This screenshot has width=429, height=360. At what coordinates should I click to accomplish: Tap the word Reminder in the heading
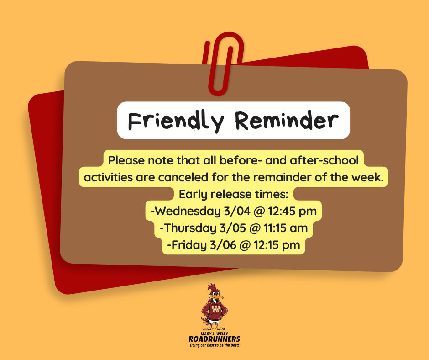287,120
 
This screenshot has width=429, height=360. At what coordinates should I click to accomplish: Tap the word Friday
186,245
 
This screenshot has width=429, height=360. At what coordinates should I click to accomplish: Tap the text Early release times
233,194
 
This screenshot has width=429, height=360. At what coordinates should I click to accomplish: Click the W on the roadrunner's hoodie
215,310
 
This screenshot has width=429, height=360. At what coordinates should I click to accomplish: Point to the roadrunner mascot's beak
219,296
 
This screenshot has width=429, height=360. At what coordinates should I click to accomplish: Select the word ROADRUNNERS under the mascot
214,339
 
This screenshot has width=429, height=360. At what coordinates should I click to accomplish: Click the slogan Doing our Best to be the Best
214,345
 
